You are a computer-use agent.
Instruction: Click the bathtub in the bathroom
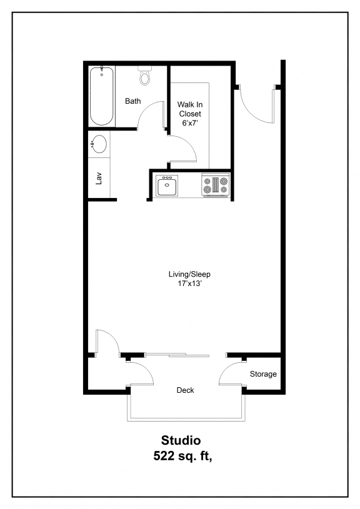(102, 96)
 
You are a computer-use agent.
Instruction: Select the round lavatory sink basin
(99, 144)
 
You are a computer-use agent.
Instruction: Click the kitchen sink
(167, 185)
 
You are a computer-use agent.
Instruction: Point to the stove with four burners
(216, 185)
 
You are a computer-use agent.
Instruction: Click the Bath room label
(132, 101)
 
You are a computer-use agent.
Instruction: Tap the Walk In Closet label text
(190, 109)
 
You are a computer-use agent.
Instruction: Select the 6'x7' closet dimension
(190, 124)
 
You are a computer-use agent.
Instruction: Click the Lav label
(99, 178)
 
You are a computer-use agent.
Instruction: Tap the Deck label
(185, 390)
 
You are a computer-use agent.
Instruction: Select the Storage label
(263, 374)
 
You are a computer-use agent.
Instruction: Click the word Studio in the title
(181, 441)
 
